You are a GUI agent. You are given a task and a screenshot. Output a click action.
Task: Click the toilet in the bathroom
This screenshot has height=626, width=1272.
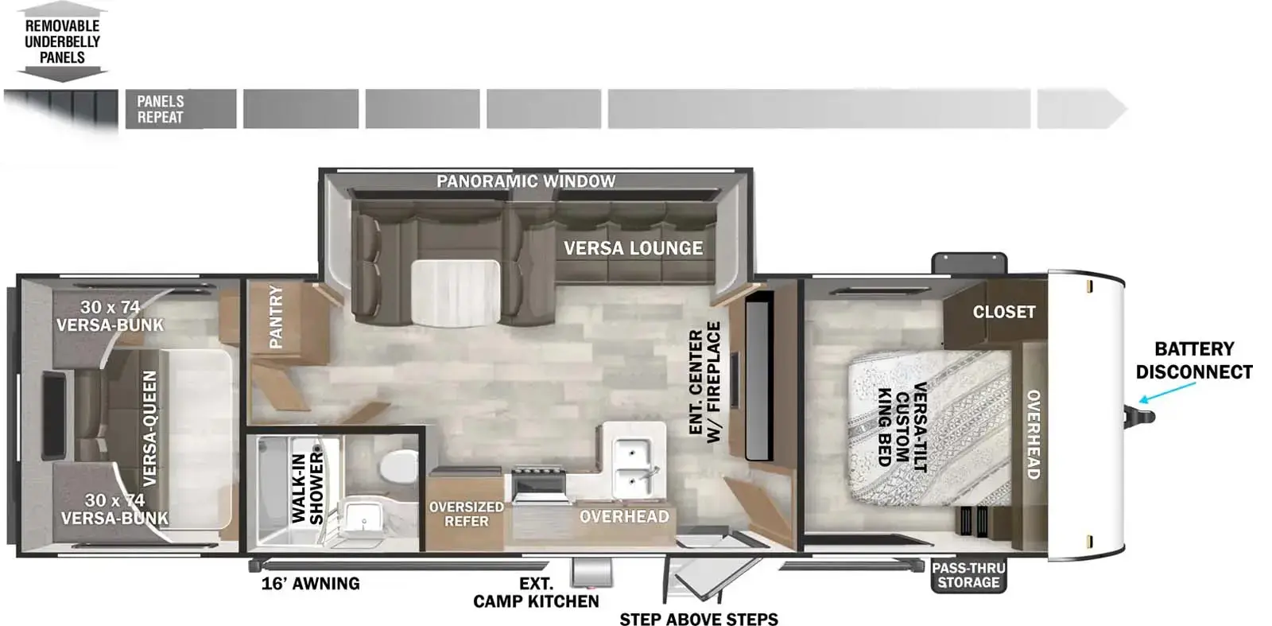(398, 466)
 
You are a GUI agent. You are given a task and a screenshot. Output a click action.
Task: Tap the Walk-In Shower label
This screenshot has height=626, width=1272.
(307, 488)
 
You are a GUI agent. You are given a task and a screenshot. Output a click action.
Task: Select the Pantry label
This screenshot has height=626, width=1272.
(275, 317)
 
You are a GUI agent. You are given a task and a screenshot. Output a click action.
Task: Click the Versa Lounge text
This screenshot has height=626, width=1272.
(633, 247)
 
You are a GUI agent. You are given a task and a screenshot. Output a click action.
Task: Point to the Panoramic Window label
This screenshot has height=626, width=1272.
(525, 181)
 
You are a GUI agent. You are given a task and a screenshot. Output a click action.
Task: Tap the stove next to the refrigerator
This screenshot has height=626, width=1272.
(538, 486)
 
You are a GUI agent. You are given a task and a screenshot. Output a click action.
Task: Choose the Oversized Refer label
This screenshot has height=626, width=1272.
(466, 514)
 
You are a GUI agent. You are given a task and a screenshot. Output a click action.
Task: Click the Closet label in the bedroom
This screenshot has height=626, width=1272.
(1004, 312)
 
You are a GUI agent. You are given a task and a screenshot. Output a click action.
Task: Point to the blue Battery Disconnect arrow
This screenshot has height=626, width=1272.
(1168, 392)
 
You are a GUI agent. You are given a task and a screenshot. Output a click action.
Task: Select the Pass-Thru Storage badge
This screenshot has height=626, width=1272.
(969, 575)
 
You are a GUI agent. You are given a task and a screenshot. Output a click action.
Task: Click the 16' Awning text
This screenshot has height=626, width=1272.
(311, 583)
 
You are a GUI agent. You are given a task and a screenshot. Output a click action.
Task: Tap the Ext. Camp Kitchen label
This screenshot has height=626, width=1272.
(536, 593)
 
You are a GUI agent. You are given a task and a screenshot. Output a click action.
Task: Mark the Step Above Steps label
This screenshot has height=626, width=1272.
(699, 619)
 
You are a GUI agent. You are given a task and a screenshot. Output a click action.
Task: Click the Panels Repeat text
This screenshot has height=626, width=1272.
(160, 109)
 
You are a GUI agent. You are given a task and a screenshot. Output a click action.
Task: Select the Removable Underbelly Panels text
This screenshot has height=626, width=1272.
(63, 41)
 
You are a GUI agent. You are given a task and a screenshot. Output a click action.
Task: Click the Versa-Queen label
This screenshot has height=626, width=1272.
(149, 429)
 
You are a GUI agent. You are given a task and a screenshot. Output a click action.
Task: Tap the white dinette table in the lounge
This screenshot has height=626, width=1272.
(456, 294)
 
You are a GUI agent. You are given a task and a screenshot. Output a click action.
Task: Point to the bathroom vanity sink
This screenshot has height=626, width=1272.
(362, 517)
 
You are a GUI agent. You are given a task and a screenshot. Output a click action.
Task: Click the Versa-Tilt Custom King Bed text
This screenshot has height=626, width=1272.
(903, 427)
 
